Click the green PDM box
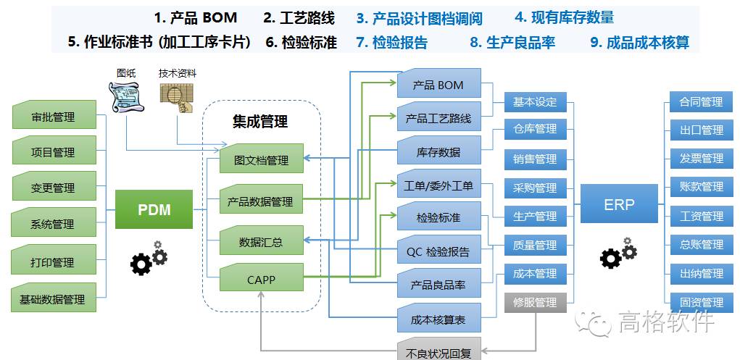(154, 209)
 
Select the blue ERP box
(619, 204)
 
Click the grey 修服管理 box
(535, 303)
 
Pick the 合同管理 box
(702, 101)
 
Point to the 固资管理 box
(702, 302)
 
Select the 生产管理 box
(535, 216)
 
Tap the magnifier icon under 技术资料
(178, 98)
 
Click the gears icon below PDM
(149, 258)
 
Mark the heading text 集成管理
(260, 121)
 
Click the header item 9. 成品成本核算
(639, 43)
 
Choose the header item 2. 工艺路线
(299, 18)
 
